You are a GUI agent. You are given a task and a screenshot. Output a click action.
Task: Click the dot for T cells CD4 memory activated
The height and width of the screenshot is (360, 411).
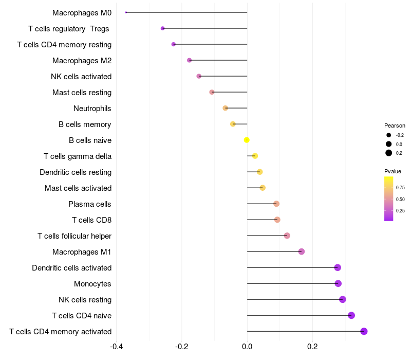click(364, 331)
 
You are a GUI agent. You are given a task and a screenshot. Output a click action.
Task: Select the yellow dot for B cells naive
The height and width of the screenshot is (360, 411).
click(247, 140)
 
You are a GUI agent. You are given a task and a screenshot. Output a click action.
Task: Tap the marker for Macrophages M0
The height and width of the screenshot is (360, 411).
click(126, 12)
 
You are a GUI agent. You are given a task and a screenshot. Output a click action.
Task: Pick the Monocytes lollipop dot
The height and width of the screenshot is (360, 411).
click(338, 283)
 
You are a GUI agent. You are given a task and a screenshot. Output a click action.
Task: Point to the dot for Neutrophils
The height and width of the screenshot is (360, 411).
click(225, 108)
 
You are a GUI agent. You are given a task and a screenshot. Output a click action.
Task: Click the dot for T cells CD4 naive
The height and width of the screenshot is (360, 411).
click(351, 315)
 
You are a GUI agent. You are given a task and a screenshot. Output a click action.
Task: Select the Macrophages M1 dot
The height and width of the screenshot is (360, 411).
click(302, 251)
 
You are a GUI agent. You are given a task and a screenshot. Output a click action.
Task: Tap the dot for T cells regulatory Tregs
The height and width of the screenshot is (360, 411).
click(163, 28)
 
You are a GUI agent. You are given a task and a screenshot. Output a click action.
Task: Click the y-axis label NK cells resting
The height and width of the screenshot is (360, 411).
click(85, 299)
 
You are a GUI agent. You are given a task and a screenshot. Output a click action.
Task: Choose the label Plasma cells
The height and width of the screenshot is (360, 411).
click(90, 204)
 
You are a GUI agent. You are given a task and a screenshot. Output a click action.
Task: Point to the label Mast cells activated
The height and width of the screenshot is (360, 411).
click(78, 188)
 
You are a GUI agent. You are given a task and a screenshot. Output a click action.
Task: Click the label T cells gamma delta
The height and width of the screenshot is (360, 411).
click(78, 156)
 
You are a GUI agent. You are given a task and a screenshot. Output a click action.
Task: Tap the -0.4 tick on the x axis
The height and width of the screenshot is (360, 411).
click(117, 347)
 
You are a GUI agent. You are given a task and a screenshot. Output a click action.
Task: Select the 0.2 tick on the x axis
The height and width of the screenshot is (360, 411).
click(312, 347)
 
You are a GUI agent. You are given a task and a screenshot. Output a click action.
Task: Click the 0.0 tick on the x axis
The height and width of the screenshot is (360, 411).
click(247, 347)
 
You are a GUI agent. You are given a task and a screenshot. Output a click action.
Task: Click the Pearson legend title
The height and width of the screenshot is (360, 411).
click(395, 125)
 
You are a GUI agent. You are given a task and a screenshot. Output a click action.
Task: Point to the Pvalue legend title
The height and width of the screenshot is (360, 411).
click(393, 171)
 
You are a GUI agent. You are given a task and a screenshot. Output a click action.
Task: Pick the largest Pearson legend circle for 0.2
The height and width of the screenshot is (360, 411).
click(389, 153)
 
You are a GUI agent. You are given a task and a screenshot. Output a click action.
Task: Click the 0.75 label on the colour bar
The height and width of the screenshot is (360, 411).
click(400, 188)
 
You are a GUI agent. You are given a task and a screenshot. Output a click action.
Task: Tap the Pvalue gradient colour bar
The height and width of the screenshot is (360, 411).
click(389, 199)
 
